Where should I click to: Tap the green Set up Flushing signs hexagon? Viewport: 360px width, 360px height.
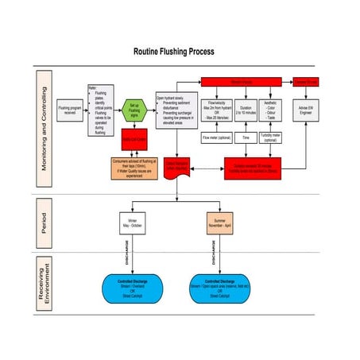pos(135,108)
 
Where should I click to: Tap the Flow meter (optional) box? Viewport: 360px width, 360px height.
pos(216,137)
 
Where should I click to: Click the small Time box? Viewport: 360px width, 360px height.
pos(246,137)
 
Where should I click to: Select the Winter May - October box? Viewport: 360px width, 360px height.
pos(131,221)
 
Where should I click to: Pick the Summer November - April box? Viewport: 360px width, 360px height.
pos(219,221)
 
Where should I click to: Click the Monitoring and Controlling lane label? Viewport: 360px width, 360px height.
pos(45,128)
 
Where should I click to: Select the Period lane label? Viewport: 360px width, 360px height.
pos(45,222)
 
